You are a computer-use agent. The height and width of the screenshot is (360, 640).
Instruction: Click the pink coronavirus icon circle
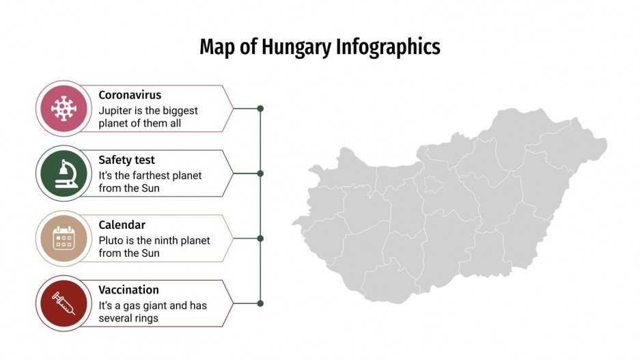(x=64, y=109)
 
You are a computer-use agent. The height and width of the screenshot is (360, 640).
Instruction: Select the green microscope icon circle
(x=64, y=174)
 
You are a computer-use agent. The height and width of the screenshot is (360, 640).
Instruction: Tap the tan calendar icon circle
(x=64, y=238)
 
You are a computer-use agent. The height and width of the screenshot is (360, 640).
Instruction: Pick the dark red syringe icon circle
(x=64, y=303)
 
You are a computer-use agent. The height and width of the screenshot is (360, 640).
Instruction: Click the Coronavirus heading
(x=130, y=95)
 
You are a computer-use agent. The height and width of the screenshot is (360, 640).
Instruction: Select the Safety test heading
(x=127, y=160)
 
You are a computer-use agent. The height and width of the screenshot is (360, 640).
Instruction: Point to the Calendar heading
(x=122, y=225)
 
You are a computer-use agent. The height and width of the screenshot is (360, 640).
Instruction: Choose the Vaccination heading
(x=128, y=290)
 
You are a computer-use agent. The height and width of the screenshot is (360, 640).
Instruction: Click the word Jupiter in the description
(x=114, y=111)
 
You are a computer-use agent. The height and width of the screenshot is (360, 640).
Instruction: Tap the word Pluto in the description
(x=111, y=240)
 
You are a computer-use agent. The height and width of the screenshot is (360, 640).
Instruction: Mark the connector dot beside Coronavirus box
(x=260, y=109)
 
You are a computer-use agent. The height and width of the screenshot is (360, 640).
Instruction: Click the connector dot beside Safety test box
(x=260, y=174)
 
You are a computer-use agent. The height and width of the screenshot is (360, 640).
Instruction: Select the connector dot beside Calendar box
(x=260, y=238)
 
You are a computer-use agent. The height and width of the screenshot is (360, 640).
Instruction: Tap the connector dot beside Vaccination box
(x=260, y=303)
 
